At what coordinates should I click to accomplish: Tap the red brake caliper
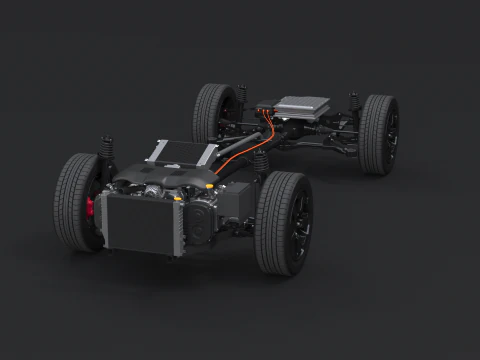coord(93,208)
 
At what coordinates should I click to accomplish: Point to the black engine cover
coord(165,180)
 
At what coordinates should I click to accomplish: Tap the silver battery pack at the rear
coord(300,106)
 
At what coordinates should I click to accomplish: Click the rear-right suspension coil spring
coord(354,104)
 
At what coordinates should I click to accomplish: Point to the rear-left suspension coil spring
coord(241,96)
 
